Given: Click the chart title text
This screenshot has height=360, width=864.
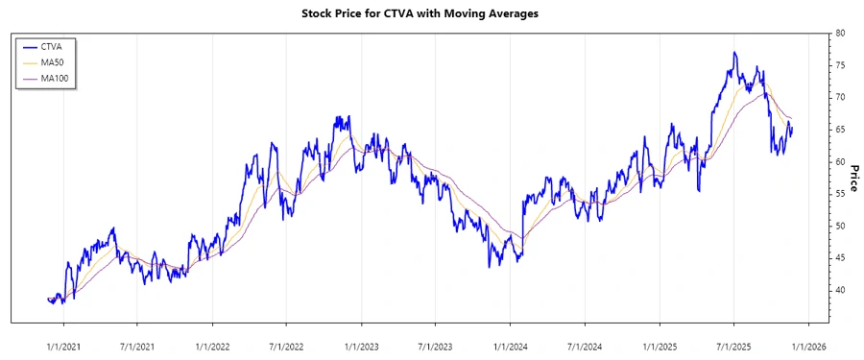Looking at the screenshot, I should click(431, 13).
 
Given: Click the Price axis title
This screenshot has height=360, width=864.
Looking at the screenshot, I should click(852, 177).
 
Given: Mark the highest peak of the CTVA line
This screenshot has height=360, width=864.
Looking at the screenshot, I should click(734, 53).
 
